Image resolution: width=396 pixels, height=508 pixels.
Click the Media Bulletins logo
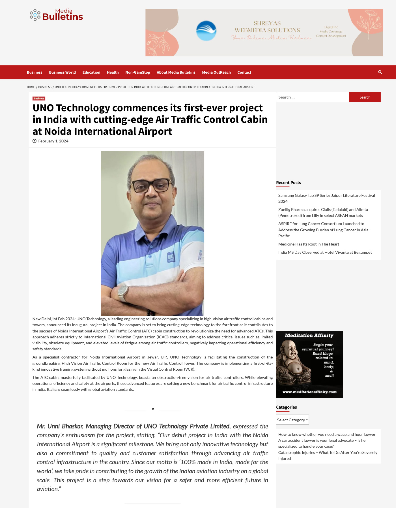point(56,15)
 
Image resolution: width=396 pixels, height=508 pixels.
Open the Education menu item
point(91,72)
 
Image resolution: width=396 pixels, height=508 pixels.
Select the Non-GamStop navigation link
point(138,72)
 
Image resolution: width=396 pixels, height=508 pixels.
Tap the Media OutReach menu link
point(216,72)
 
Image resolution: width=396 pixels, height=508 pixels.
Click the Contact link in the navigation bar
point(244,72)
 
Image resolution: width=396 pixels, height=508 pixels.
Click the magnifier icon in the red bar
point(380,72)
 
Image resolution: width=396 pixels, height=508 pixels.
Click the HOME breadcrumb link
point(31,87)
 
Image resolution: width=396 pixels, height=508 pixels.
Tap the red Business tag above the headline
point(39,99)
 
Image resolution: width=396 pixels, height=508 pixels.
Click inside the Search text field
point(312,97)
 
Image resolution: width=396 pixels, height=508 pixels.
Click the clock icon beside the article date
point(35,141)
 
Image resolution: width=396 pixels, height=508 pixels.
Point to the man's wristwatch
point(123,290)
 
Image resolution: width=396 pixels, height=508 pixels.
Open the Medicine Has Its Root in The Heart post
point(309,244)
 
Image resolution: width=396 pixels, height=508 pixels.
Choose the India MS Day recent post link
point(325,252)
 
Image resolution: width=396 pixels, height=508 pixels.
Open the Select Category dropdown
point(292,420)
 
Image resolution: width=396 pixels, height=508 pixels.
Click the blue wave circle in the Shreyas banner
point(206,31)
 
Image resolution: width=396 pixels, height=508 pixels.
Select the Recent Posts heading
point(289,183)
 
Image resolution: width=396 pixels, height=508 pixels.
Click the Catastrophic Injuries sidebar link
point(328,455)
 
